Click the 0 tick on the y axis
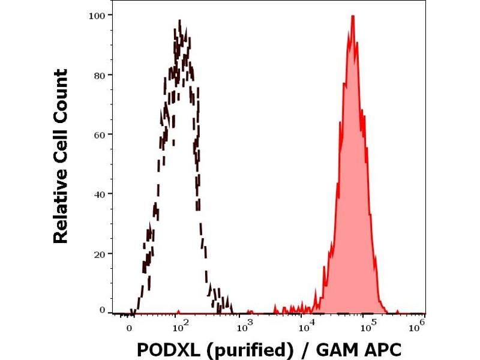[x=103, y=310]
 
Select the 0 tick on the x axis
[x=130, y=328]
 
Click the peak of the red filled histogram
[x=353, y=16]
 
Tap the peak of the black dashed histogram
[x=180, y=22]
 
